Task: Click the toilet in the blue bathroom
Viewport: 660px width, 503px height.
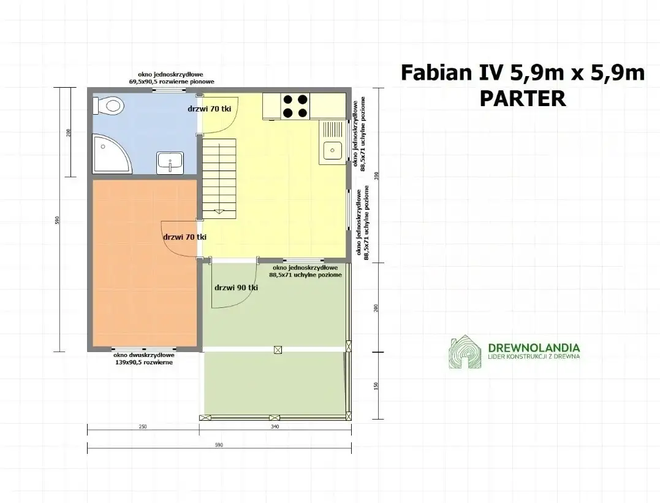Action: pos(108,106)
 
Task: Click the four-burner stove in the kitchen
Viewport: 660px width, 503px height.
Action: pos(295,106)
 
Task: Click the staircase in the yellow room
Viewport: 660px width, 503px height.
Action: pos(219,178)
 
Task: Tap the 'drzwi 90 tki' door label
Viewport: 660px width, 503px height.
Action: pos(236,287)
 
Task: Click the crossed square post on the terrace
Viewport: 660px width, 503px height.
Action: pos(278,350)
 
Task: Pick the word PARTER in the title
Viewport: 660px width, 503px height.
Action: pos(523,99)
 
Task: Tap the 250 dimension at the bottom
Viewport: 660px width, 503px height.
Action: pos(143,427)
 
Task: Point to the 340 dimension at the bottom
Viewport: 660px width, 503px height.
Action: pos(274,427)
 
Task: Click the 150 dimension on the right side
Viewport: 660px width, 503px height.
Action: pos(376,386)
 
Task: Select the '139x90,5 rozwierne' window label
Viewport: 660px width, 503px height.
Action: pos(143,363)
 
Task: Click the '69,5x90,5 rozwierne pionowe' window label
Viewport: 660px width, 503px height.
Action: pos(162,81)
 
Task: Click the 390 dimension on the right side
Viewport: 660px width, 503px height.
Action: pos(376,175)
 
